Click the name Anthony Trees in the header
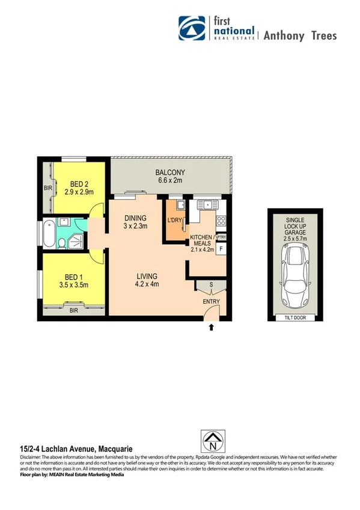click(x=300, y=35)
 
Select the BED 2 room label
click(x=79, y=184)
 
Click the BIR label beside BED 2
click(x=47, y=188)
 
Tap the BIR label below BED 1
click(x=74, y=310)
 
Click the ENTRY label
click(x=211, y=301)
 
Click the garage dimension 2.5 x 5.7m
click(x=296, y=239)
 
